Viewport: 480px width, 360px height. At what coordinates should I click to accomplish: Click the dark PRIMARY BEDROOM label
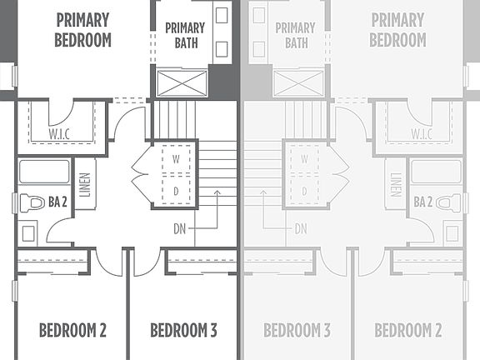pos(82,29)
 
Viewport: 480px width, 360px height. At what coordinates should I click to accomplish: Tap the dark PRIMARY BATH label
pos(184,35)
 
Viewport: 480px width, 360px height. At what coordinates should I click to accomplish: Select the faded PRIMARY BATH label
pos(296,35)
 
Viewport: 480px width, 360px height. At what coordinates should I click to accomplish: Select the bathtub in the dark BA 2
pos(44,172)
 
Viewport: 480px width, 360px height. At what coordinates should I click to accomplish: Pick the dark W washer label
pos(176,158)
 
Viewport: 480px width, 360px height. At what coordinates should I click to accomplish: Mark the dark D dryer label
pos(176,191)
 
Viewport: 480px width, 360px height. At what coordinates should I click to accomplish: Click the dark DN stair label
pos(180,227)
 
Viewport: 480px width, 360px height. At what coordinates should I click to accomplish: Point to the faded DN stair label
pos(300,227)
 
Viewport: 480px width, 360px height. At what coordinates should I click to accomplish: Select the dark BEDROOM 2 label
pos(72,330)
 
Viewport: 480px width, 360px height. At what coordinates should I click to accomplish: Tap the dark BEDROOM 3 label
pos(183,330)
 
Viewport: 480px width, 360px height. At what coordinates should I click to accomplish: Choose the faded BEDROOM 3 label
pos(297,330)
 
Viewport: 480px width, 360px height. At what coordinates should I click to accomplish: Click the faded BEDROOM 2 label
pos(407,330)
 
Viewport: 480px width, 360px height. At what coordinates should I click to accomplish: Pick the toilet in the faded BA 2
pos(447,202)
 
